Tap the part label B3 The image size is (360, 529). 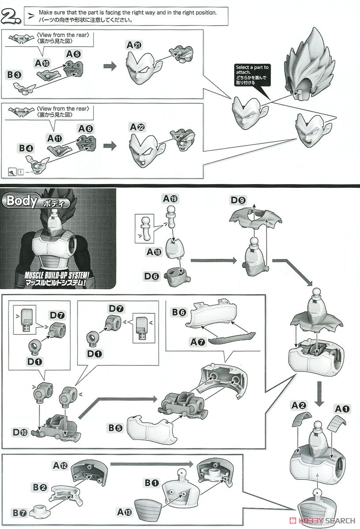point(14,75)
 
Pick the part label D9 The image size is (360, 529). point(238,200)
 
